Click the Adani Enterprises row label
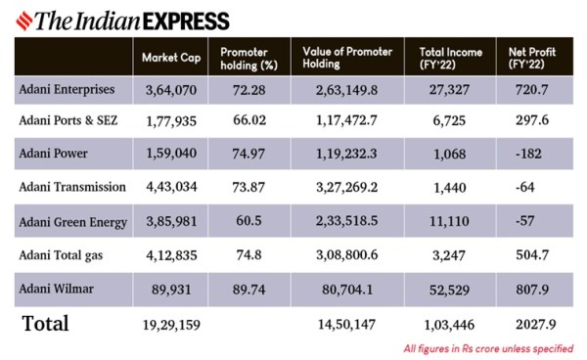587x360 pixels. (x=67, y=89)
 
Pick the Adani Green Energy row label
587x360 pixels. (x=73, y=221)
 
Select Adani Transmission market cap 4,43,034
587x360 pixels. (x=171, y=188)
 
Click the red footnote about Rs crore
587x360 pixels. (x=487, y=348)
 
